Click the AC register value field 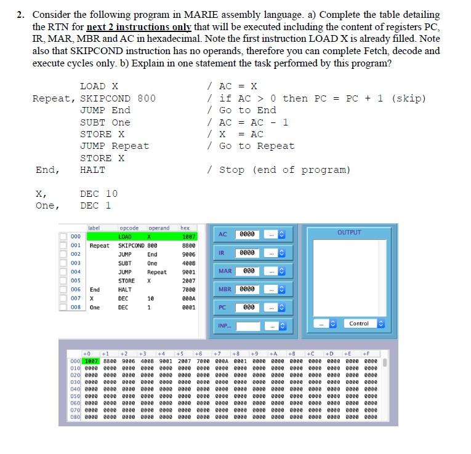pyautogui.click(x=247, y=234)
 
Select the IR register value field pyautogui.click(x=247, y=253)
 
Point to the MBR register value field pyautogui.click(x=247, y=289)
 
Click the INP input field pyautogui.click(x=248, y=325)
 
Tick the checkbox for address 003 pyautogui.click(x=63, y=263)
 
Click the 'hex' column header pyautogui.click(x=185, y=228)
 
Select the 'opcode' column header pyautogui.click(x=129, y=228)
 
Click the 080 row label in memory pyautogui.click(x=75, y=416)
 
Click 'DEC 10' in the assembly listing pyautogui.click(x=99, y=194)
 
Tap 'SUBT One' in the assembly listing pyautogui.click(x=105, y=122)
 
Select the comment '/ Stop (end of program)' pyautogui.click(x=278, y=170)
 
